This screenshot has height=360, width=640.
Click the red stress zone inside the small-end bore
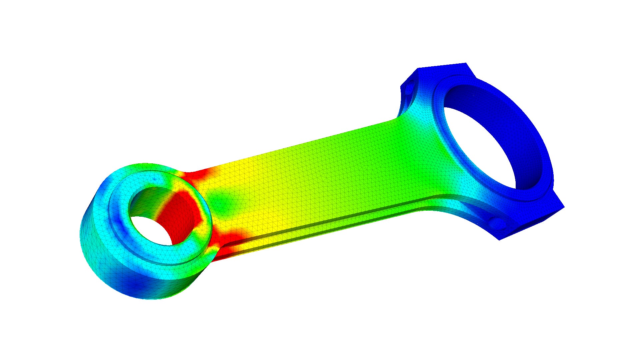tap(177, 213)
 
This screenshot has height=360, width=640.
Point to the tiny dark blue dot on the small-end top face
tap(154, 179)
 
